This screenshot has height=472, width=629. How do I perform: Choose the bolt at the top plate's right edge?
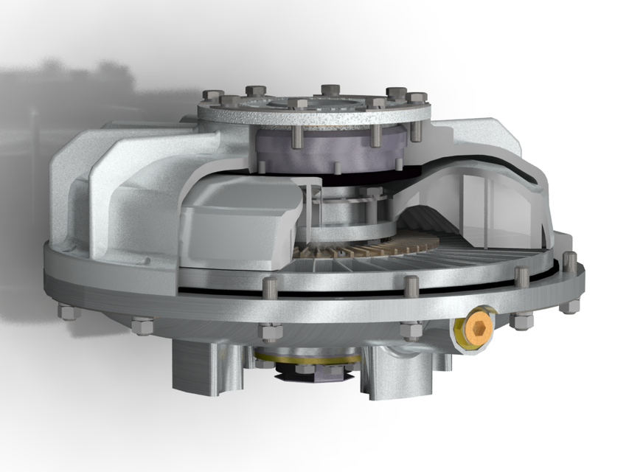pos(417,97)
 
